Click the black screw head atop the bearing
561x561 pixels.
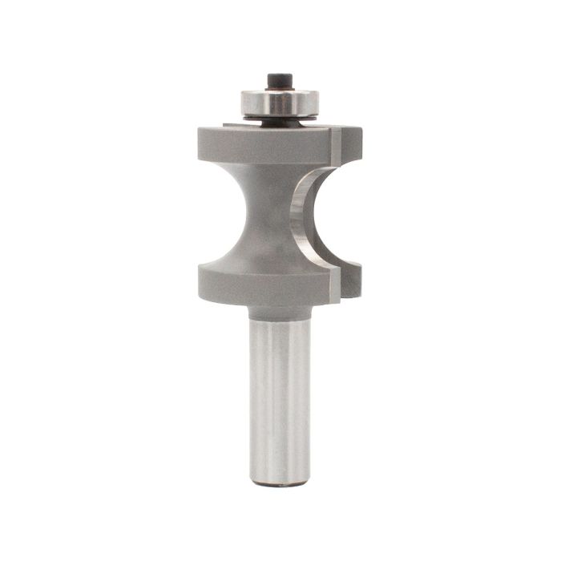pos(278,80)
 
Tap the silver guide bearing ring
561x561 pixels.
pos(280,103)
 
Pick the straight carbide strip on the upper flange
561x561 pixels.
pos(337,144)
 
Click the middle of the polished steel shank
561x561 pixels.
pos(279,393)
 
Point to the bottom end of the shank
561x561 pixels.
pos(279,481)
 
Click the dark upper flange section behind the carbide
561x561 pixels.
pos(353,144)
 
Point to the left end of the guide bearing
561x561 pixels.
pos(244,103)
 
